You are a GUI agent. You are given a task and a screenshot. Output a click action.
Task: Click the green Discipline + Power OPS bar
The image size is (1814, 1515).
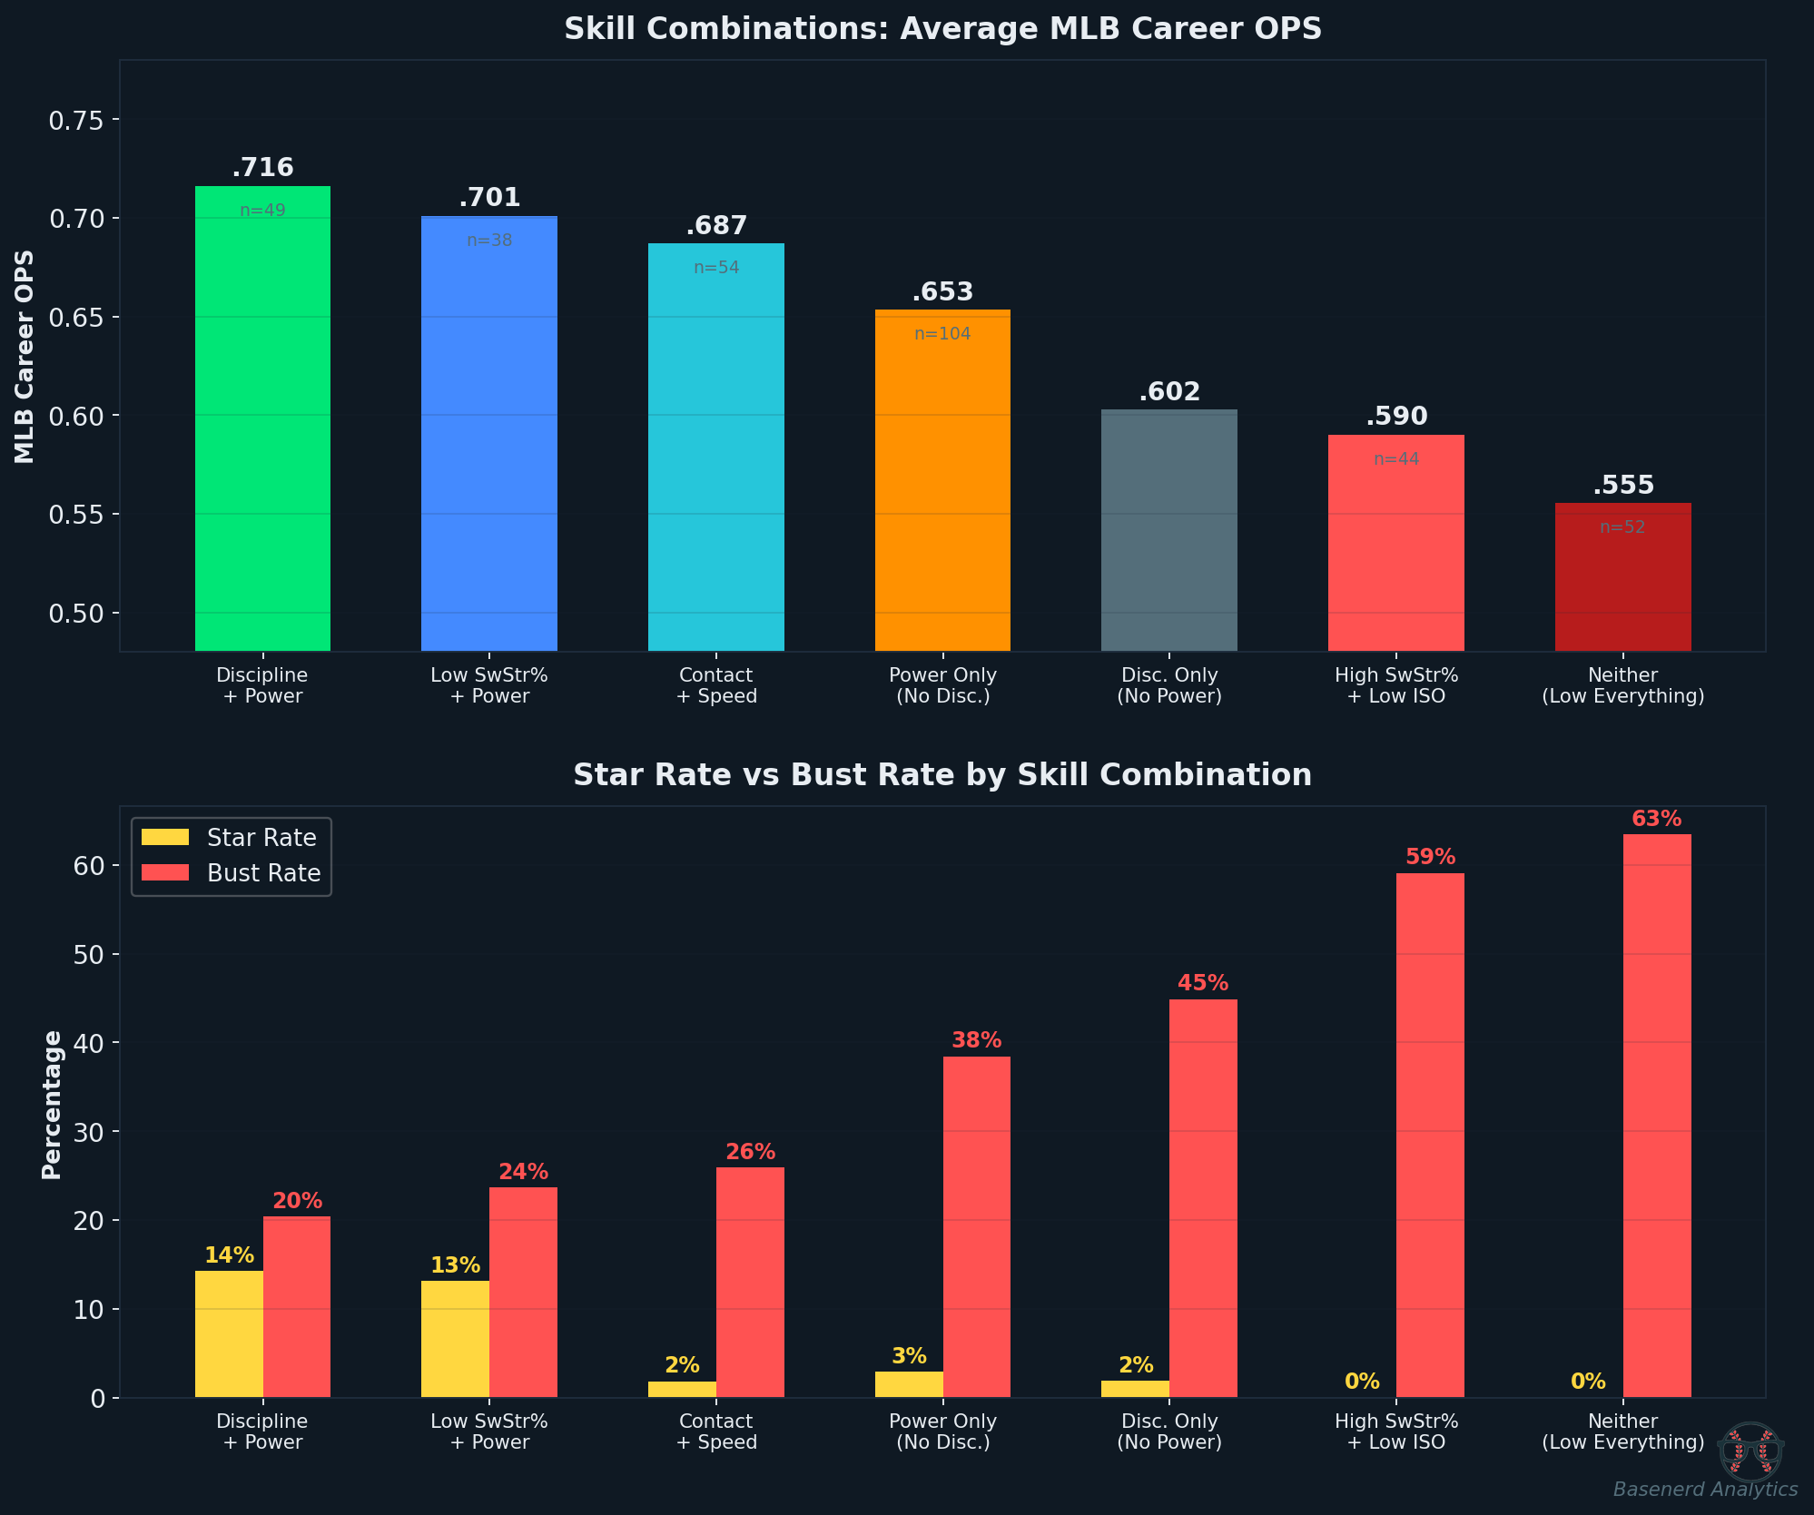(x=262, y=418)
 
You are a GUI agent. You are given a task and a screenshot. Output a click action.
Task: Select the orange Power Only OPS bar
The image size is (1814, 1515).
(x=942, y=481)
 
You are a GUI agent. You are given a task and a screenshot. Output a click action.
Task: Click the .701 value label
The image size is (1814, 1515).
(x=489, y=197)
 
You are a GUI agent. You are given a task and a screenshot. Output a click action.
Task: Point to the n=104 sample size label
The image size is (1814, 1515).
(x=942, y=334)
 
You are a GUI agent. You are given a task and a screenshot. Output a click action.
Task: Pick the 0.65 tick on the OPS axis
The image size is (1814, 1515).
(x=75, y=318)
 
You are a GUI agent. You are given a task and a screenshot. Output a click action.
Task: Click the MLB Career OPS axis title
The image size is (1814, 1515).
(x=25, y=357)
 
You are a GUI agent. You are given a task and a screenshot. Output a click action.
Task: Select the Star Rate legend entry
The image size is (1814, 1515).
(x=229, y=838)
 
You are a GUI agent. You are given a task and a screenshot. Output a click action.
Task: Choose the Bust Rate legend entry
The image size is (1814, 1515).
(x=231, y=873)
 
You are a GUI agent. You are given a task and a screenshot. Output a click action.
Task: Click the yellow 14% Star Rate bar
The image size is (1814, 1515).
(x=229, y=1333)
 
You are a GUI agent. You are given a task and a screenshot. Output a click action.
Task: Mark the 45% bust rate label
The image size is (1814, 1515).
(x=1203, y=983)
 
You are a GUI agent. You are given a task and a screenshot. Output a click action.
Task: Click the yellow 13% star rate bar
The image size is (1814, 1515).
(x=455, y=1338)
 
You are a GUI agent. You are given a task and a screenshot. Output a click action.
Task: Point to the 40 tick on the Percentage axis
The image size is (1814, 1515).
(x=88, y=1043)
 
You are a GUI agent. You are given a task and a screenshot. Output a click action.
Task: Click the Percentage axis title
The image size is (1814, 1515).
(x=52, y=1104)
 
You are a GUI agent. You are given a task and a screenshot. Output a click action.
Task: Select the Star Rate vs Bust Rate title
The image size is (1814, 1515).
(x=942, y=775)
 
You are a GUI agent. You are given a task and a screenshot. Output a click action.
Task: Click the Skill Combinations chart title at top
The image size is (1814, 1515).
(x=942, y=29)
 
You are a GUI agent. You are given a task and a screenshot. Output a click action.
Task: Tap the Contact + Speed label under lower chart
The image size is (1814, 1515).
(x=716, y=1431)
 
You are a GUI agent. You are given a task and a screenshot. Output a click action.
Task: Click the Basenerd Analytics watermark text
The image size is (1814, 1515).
(x=1705, y=1490)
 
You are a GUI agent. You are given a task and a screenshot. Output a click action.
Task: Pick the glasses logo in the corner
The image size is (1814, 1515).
(x=1751, y=1451)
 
